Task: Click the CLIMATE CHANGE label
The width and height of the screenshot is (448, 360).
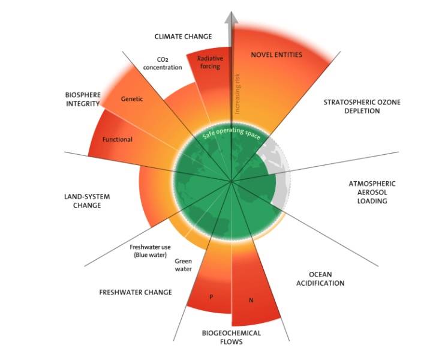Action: coord(183,37)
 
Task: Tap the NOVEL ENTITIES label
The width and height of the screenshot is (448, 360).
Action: coord(276,55)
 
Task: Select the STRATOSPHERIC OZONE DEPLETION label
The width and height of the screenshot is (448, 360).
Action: coord(362,106)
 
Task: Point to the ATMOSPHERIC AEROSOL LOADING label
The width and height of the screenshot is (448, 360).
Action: coord(372,192)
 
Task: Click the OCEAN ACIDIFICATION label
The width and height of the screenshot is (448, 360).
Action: coord(320,279)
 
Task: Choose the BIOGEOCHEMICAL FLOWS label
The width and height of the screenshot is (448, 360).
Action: coord(231,337)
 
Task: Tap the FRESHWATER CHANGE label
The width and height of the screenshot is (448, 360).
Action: coord(136,292)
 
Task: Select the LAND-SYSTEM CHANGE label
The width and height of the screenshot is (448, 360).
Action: coord(87,201)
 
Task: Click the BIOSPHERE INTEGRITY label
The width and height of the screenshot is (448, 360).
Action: coord(83,99)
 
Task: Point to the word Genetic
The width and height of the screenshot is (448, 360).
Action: coord(132,99)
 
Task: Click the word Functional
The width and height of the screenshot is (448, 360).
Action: coord(118,139)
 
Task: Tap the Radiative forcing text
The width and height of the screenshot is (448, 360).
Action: coord(210,62)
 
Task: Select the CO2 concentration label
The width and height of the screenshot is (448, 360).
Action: coord(163,63)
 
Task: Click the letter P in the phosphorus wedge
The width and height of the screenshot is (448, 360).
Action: coord(211,297)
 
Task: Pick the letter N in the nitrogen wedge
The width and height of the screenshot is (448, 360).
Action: coord(251,300)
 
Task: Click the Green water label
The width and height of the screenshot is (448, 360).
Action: coord(183,265)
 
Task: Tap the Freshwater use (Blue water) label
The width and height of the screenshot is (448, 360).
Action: coord(151,251)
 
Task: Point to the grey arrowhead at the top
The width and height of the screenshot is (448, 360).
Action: coord(231,17)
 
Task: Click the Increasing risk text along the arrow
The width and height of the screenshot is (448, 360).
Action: coord(237,94)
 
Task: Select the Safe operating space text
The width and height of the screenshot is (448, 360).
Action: coord(231,133)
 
